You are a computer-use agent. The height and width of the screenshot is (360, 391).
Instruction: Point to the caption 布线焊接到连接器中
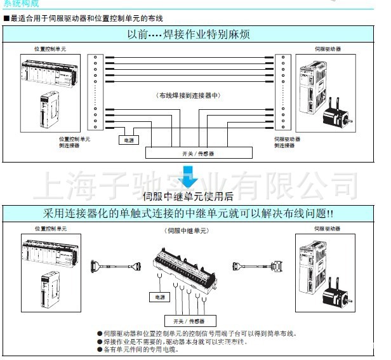pos(188,95)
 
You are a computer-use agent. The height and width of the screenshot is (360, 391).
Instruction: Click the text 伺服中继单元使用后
pos(189,195)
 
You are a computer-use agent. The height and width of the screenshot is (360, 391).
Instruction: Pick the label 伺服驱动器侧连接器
pos(288,142)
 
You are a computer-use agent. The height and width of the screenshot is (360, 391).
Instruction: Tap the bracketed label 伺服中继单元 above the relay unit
pos(189,232)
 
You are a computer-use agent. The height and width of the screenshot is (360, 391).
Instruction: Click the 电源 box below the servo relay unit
pos(156,297)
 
